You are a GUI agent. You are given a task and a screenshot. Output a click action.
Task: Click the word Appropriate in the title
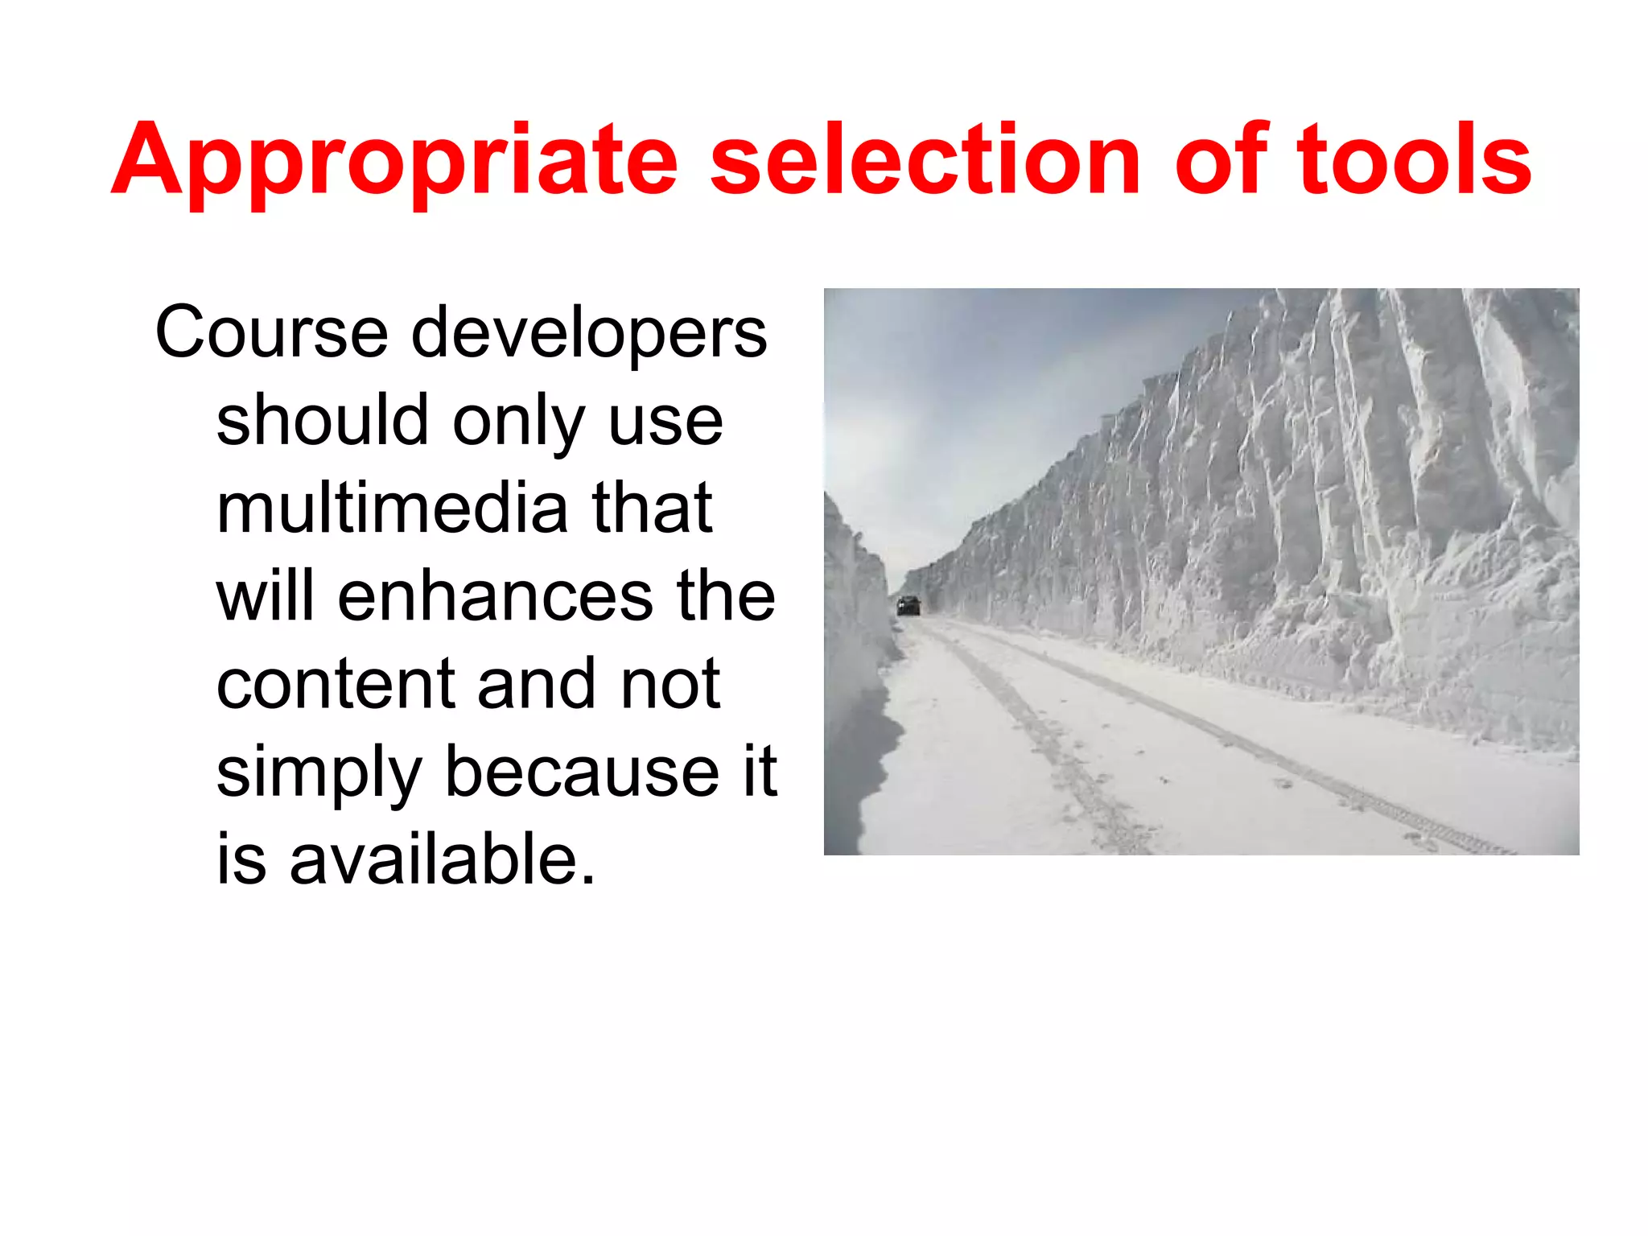[x=394, y=161]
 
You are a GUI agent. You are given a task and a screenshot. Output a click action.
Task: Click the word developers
[x=589, y=334]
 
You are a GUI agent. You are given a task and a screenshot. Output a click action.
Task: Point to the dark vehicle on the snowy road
[x=908, y=606]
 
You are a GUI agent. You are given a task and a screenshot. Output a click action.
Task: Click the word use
[x=665, y=422]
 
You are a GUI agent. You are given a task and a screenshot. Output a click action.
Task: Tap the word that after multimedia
[x=652, y=509]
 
